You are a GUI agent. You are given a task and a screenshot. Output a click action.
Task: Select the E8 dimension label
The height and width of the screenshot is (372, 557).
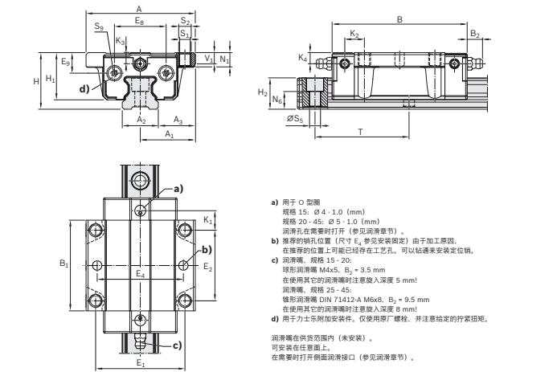click(140, 19)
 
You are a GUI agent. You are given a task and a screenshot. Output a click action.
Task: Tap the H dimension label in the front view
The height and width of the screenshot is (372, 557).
click(36, 82)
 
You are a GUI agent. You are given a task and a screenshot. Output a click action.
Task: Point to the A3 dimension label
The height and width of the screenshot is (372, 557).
click(179, 120)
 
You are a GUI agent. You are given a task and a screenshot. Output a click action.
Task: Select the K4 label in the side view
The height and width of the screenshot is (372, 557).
click(303, 58)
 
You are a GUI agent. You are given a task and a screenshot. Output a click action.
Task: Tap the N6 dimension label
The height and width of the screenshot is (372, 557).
click(276, 101)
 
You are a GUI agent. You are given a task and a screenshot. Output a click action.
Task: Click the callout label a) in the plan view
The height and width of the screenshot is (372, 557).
click(178, 190)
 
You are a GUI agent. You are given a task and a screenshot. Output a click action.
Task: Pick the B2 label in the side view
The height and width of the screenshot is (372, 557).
click(475, 35)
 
